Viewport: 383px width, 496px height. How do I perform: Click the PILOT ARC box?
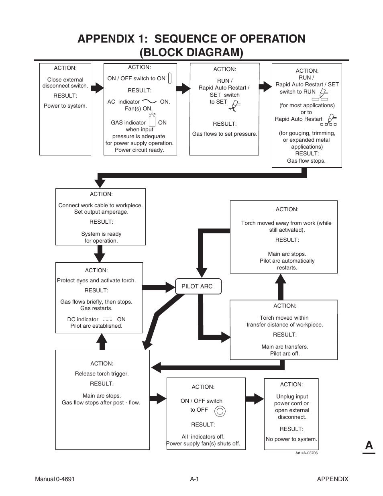tap(198, 286)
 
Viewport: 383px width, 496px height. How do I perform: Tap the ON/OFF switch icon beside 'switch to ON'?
tap(170, 78)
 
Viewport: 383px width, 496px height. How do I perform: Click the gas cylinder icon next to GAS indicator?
tap(152, 120)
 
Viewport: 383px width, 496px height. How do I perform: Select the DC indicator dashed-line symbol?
tap(107, 319)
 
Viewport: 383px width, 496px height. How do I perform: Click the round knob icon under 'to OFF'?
tap(220, 411)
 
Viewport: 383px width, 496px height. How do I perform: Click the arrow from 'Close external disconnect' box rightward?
tap(97, 88)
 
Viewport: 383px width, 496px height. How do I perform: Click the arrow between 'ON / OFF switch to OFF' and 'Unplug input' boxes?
tap(255, 398)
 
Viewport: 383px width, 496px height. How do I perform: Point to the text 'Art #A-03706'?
tap(306, 453)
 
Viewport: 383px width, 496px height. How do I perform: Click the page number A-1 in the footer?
tap(194, 479)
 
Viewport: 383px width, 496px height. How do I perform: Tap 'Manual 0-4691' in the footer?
tap(55, 479)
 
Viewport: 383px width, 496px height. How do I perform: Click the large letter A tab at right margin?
tap(369, 445)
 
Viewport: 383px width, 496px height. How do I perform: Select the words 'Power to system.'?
tap(65, 106)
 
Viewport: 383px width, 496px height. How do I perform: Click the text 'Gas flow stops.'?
tap(306, 161)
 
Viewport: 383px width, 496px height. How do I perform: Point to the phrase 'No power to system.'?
tap(291, 439)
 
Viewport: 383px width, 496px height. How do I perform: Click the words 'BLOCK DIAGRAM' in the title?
tap(191, 53)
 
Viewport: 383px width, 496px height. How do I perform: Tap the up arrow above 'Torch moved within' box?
tap(281, 286)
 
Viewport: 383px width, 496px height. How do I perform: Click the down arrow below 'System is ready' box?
tap(100, 254)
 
